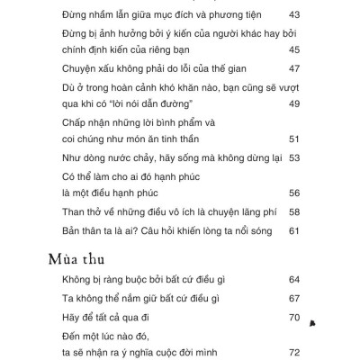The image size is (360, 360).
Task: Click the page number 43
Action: [x=293, y=15]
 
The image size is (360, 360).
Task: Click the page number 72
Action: [x=293, y=353]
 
